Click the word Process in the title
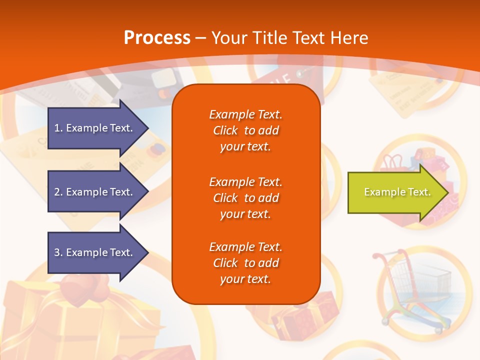[157, 37]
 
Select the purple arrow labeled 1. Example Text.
[95, 128]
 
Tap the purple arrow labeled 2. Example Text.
[95, 192]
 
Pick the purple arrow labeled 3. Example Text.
[95, 252]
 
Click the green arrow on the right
[395, 192]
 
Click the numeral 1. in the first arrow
[58, 128]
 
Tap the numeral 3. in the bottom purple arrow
[58, 252]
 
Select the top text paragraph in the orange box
[245, 130]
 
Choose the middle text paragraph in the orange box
[245, 197]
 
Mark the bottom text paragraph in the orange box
[245, 263]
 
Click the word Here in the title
[348, 37]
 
